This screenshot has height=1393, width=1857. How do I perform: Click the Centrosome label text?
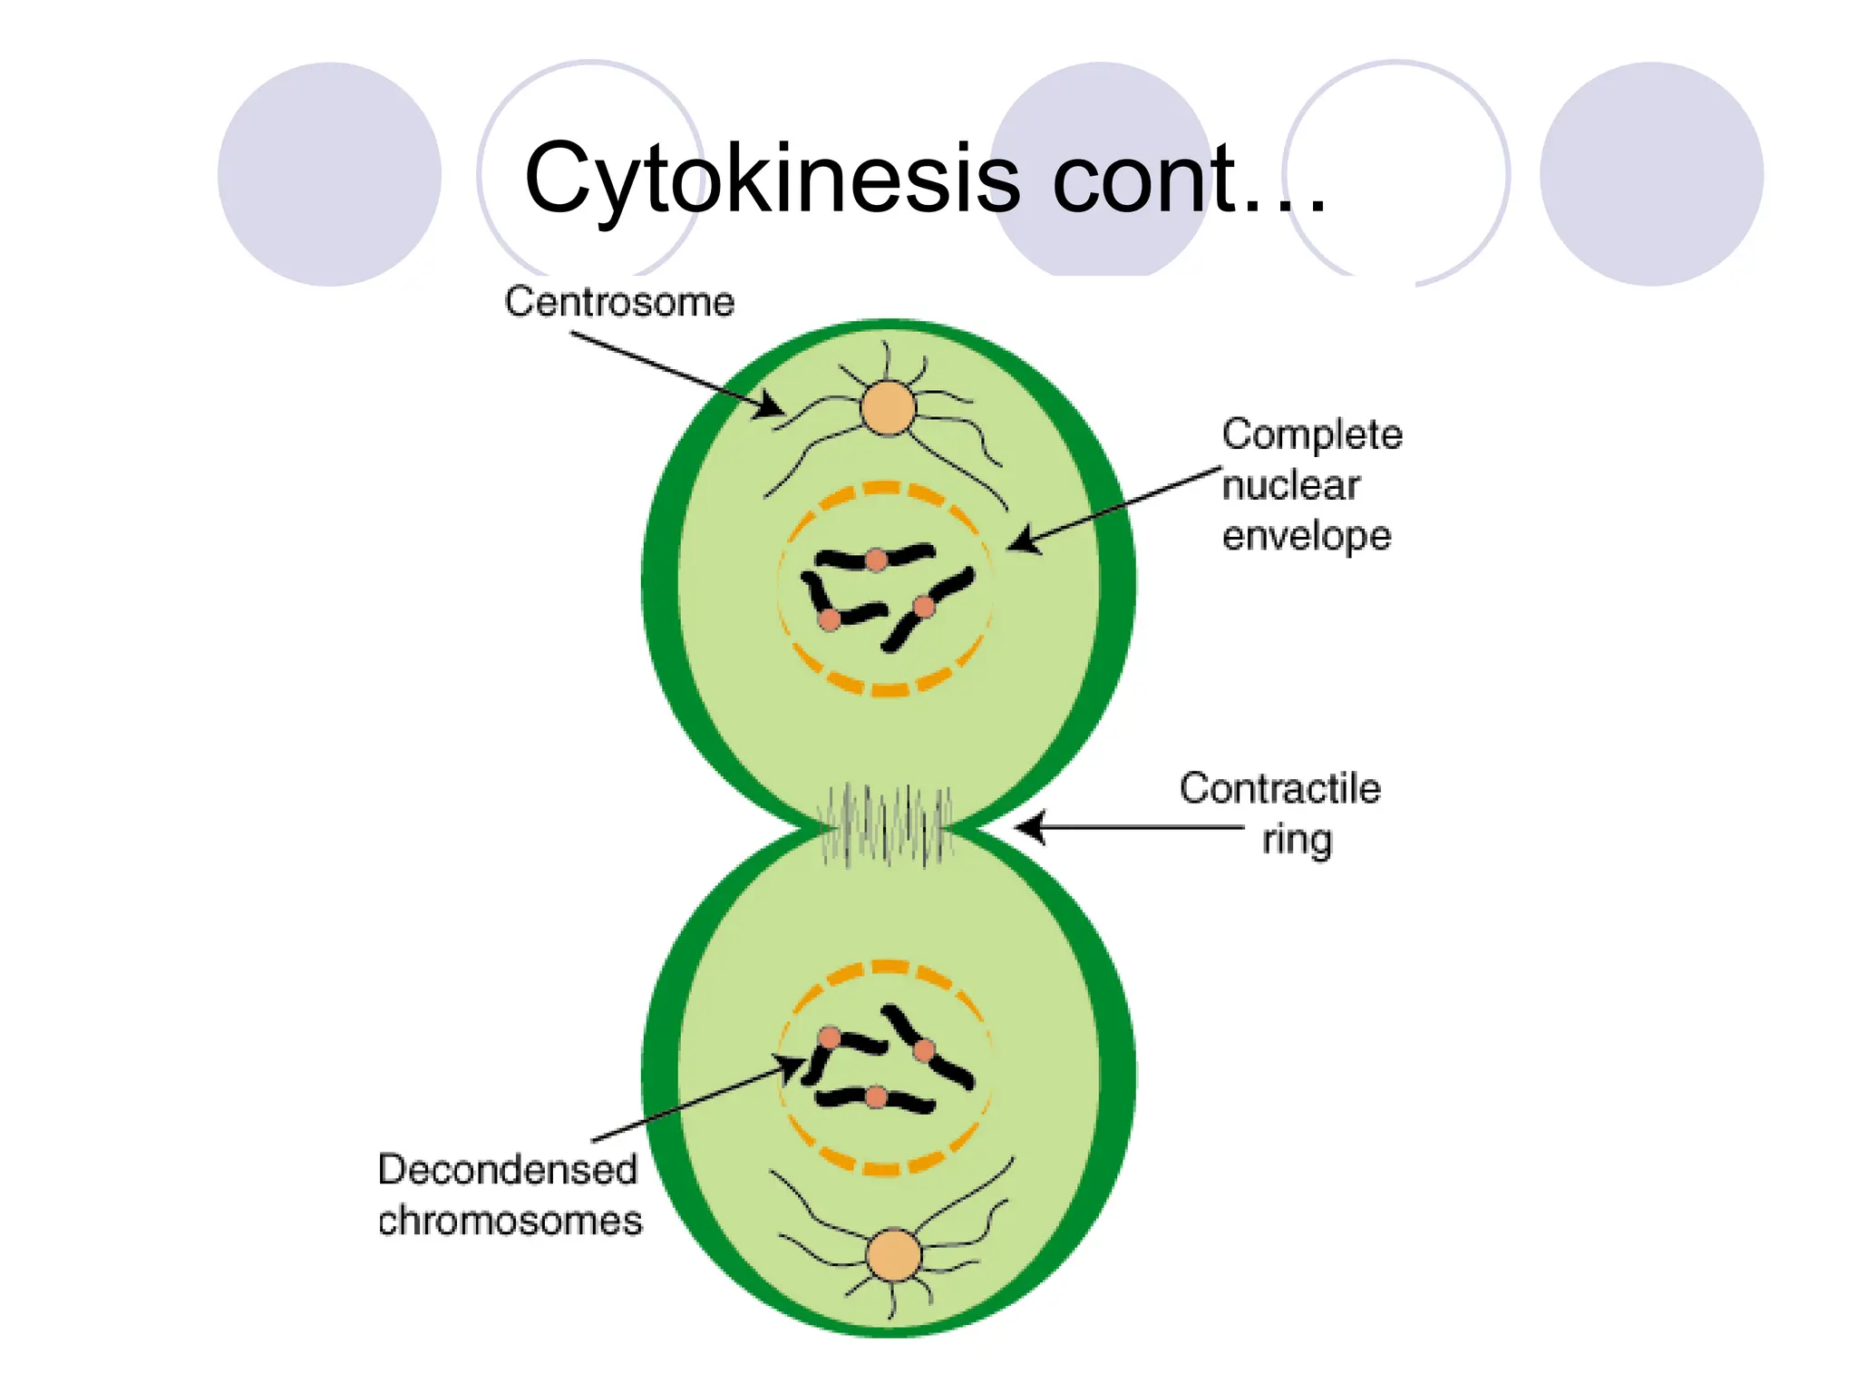[x=619, y=302]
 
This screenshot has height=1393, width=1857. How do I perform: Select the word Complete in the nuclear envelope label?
[x=1311, y=434]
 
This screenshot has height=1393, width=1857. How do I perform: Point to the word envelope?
[x=1306, y=536]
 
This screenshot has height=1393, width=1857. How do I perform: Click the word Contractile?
[x=1279, y=788]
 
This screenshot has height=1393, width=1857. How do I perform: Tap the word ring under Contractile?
[x=1297, y=840]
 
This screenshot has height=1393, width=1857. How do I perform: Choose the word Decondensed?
[x=507, y=1170]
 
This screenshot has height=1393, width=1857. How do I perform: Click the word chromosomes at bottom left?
[x=510, y=1221]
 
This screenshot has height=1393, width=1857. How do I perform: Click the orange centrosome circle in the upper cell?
[x=888, y=408]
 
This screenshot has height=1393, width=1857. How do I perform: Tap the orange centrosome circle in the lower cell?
[x=894, y=1255]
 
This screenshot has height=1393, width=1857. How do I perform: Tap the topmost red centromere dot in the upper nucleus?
[x=876, y=560]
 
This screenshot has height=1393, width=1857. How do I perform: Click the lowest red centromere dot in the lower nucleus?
[x=876, y=1098]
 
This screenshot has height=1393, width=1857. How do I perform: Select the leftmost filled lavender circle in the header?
[x=329, y=174]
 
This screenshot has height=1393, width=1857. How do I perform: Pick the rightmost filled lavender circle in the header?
[x=1651, y=174]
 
